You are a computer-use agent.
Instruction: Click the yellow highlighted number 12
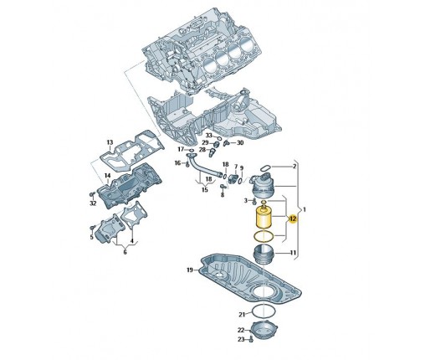[x=293, y=219]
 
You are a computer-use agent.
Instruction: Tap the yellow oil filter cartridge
[x=264, y=217]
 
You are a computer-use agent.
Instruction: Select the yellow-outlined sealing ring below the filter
[x=264, y=237]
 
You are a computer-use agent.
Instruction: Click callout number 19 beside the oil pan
[x=190, y=270]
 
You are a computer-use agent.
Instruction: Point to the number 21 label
[x=242, y=315]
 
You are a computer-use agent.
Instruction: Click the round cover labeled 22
[x=264, y=330]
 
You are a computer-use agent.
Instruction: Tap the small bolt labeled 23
[x=251, y=339]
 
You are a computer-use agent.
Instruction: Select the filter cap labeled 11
[x=264, y=252]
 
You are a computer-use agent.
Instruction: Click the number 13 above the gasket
[x=110, y=142]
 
